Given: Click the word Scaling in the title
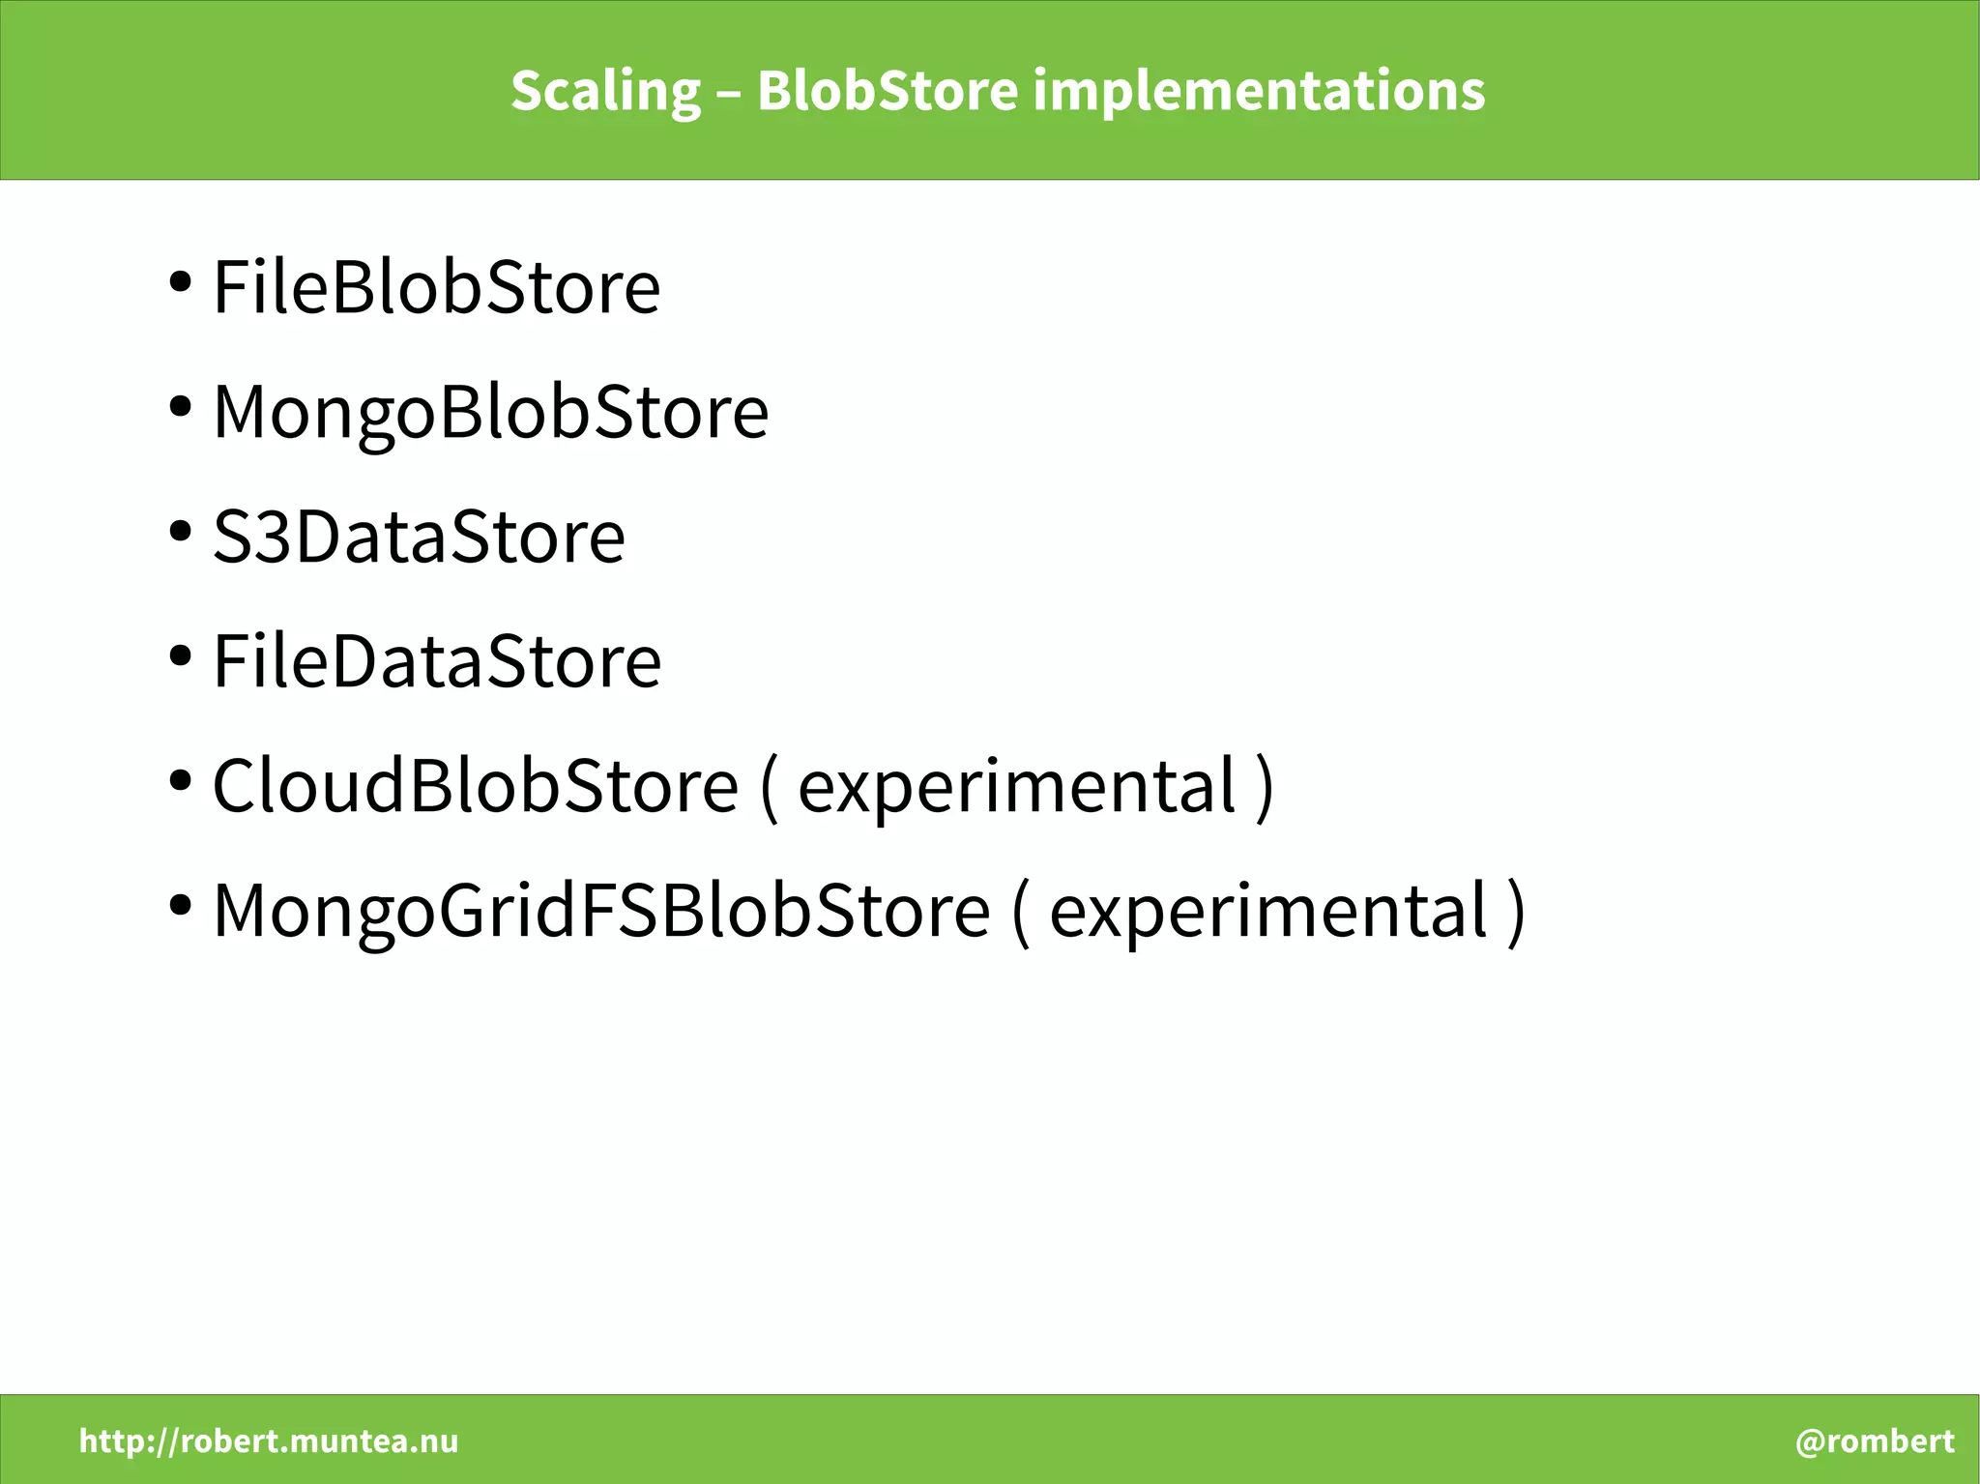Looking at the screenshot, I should click(x=605, y=92).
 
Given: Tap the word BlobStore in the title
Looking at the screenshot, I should click(x=888, y=92).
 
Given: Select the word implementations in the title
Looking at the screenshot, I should click(x=1259, y=92).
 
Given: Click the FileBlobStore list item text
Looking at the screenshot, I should click(x=436, y=287).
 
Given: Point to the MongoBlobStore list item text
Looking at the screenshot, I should click(x=490, y=412).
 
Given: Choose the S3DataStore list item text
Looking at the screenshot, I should click(x=419, y=537).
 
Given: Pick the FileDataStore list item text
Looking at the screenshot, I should click(x=437, y=661).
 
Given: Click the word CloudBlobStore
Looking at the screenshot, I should click(x=475, y=785).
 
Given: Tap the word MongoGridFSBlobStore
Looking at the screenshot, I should click(x=601, y=910).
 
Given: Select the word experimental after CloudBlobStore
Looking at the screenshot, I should click(x=1017, y=785).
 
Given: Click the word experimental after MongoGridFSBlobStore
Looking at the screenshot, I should click(x=1268, y=910).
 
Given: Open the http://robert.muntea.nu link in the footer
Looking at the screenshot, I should click(x=269, y=1441).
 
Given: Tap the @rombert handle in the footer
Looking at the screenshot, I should click(x=1875, y=1441).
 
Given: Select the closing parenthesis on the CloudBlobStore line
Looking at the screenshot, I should click(x=1266, y=787).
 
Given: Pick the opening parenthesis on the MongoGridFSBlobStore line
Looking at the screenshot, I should click(x=1020, y=912).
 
